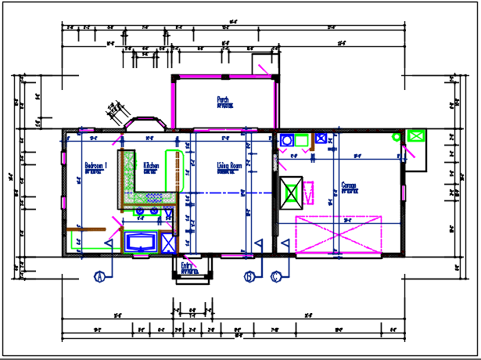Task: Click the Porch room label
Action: pyautogui.click(x=223, y=100)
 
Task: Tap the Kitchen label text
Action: pyautogui.click(x=151, y=167)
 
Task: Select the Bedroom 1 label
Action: pyautogui.click(x=96, y=167)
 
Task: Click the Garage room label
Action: pyautogui.click(x=350, y=187)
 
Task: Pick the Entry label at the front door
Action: pyautogui.click(x=187, y=266)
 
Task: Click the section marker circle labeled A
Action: pyautogui.click(x=99, y=276)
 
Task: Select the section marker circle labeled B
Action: pyautogui.click(x=249, y=276)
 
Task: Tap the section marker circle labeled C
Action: pyautogui.click(x=276, y=276)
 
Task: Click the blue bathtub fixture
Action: pyautogui.click(x=142, y=241)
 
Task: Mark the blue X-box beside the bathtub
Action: pyautogui.click(x=168, y=242)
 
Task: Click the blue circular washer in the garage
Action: pyautogui.click(x=287, y=141)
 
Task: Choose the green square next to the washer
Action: pyautogui.click(x=302, y=141)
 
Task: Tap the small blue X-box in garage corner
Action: pyautogui.click(x=320, y=140)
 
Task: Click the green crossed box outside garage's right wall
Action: pyautogui.click(x=415, y=136)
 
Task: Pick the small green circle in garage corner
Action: pyautogui.click(x=397, y=138)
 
